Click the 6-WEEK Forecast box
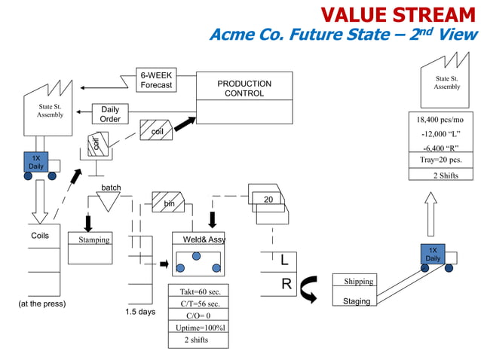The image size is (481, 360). (x=155, y=81)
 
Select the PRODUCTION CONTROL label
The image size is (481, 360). (x=244, y=88)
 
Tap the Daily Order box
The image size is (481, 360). (x=110, y=114)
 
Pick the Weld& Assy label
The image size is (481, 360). (x=199, y=239)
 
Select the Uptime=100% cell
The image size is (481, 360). (x=199, y=328)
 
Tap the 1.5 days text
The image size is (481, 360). (x=140, y=312)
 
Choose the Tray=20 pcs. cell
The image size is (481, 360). (x=440, y=160)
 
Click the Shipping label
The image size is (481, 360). (x=358, y=282)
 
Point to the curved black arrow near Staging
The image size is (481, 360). (x=308, y=289)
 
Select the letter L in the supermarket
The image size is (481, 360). (x=284, y=261)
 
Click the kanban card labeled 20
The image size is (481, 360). (x=268, y=199)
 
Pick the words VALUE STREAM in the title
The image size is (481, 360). (x=398, y=14)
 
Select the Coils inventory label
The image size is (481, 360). (x=40, y=236)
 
